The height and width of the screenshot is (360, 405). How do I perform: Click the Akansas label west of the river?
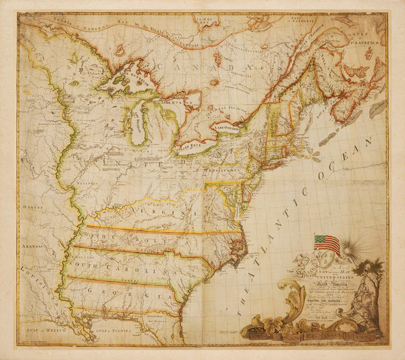[32, 248]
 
